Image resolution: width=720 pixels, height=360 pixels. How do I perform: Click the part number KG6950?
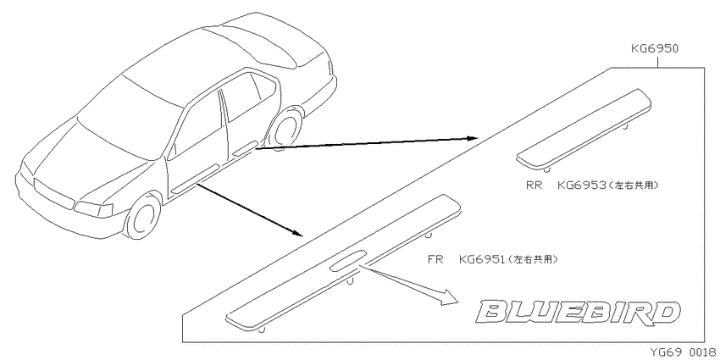pos(654,48)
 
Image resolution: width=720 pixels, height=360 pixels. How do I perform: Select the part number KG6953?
pos(581,185)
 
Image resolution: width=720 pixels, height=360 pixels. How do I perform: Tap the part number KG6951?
pos(482,259)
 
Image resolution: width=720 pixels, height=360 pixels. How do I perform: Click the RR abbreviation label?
pos(534,185)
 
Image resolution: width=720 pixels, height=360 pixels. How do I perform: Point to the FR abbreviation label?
pos(435,259)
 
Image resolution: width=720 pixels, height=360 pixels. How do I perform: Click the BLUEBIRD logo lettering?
pos(578,313)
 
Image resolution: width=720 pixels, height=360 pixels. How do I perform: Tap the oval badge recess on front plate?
pos(347,259)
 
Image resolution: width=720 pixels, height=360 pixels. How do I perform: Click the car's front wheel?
pos(144,216)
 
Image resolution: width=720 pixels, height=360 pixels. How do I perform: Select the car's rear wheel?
pos(286,127)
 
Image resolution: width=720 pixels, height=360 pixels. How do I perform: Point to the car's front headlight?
pos(93,209)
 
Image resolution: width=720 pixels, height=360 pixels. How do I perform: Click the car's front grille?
pos(53,194)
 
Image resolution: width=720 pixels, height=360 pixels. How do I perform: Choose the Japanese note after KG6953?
pos(634,185)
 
